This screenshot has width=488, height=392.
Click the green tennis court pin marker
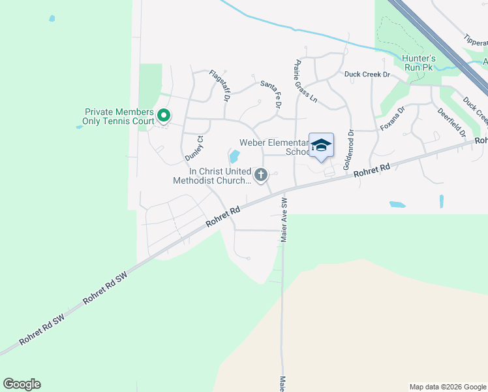(x=164, y=117)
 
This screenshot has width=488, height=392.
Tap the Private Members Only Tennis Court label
(x=119, y=116)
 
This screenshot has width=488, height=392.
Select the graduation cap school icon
(x=321, y=146)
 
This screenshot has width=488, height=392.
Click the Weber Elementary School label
(x=274, y=147)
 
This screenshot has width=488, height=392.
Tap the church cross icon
(x=261, y=174)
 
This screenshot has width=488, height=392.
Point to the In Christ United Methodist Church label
(x=211, y=175)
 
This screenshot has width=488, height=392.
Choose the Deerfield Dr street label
(x=453, y=122)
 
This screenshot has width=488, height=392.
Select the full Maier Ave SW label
(x=285, y=220)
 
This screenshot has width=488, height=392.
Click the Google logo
(x=22, y=384)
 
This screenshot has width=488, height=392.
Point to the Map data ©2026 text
(x=447, y=387)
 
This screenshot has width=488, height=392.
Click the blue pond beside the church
(x=234, y=157)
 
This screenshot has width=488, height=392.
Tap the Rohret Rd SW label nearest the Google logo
(x=42, y=332)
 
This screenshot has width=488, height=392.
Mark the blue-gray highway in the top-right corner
(x=444, y=42)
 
